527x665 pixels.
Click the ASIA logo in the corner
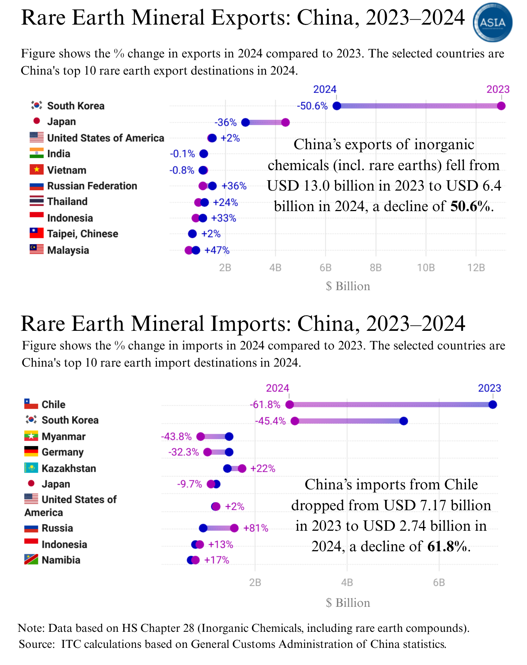pos(492,22)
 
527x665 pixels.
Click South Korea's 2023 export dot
pos(501,106)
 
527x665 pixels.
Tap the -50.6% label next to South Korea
pos(312,106)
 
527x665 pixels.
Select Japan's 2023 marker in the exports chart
pos(285,122)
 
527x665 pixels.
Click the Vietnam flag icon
pos(37,170)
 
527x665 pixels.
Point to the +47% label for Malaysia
pos(217,250)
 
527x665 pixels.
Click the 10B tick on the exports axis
pos(426,268)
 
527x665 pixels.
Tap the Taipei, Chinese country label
pos(82,234)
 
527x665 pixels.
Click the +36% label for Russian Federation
pos(234,186)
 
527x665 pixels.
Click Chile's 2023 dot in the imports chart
pos(492,405)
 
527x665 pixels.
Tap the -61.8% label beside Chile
pos(265,405)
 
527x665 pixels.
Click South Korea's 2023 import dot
pos(404,421)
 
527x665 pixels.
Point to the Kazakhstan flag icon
pos(31,468)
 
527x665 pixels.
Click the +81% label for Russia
pos(256,528)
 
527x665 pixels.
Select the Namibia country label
pos(61,560)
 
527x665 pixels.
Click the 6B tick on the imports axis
pos(439,583)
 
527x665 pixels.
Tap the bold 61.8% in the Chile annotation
pos(446,546)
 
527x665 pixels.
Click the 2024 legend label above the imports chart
pos(277,388)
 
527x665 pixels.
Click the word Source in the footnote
pos(36,644)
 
